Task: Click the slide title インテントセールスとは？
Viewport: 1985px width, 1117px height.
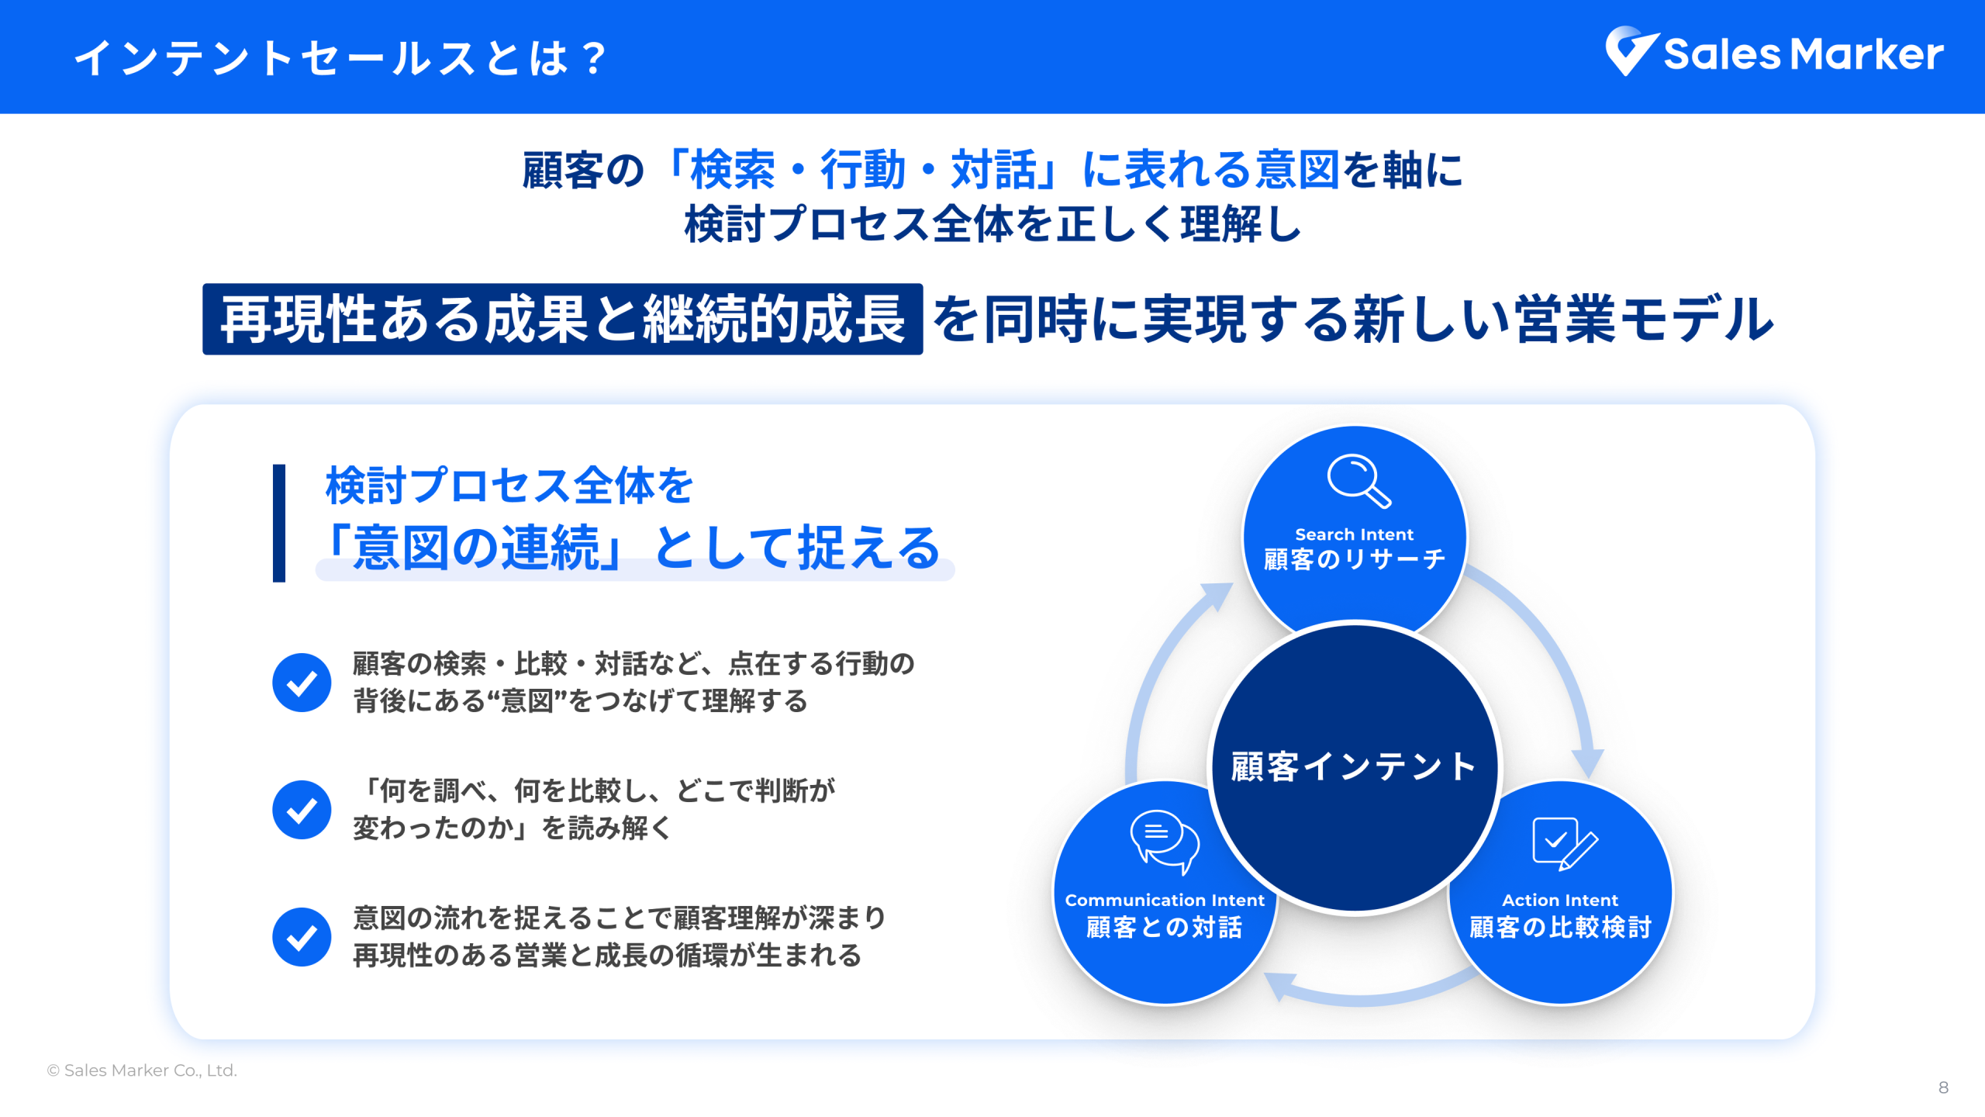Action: (x=341, y=58)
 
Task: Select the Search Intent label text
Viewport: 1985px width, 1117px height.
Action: (x=1354, y=534)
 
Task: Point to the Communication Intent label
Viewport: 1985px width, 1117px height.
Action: (x=1165, y=900)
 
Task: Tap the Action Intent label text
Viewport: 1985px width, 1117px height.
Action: (x=1560, y=900)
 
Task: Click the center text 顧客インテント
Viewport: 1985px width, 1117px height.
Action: (x=1354, y=766)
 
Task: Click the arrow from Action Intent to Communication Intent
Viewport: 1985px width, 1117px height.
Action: (x=1369, y=997)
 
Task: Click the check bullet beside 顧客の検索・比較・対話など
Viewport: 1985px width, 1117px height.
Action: (x=302, y=683)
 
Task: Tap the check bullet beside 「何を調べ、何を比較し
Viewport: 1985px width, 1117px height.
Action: (x=302, y=810)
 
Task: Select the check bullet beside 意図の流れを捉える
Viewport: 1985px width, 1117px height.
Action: (x=302, y=937)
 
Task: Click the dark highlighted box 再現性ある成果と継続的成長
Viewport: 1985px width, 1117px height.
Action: (x=562, y=319)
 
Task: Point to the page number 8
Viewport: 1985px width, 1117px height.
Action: (x=1943, y=1088)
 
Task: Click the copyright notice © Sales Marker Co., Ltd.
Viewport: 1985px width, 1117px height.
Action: (x=142, y=1070)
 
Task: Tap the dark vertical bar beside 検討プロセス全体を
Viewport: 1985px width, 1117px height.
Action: (x=279, y=523)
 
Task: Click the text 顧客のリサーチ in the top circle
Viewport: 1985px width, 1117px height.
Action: (x=1354, y=559)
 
